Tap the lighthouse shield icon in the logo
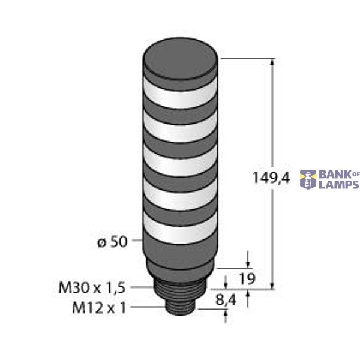pyautogui.click(x=310, y=179)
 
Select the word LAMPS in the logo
pyautogui.click(x=338, y=185)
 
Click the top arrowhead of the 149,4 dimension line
pyautogui.click(x=273, y=62)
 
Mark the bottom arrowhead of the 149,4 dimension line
pyautogui.click(x=273, y=284)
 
